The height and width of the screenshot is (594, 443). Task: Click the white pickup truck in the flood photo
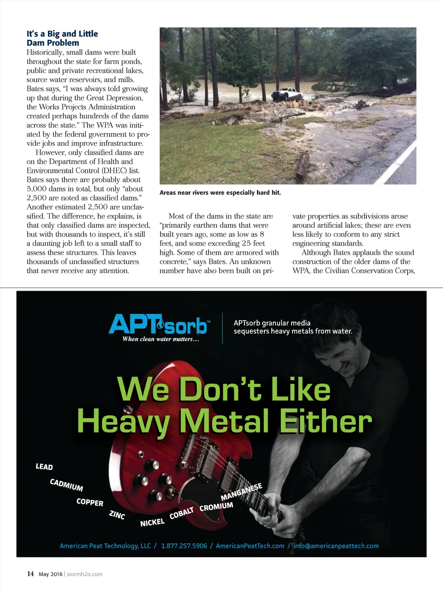pyautogui.click(x=287, y=94)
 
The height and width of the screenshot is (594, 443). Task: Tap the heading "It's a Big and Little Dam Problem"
pyautogui.click(x=62, y=38)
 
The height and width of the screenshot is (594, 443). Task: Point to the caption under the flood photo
pyautogui.click(x=220, y=193)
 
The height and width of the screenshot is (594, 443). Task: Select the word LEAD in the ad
pyautogui.click(x=44, y=467)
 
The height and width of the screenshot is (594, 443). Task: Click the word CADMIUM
pyautogui.click(x=66, y=485)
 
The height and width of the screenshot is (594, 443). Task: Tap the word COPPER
pyautogui.click(x=90, y=502)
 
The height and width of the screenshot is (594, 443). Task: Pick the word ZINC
pyautogui.click(x=117, y=515)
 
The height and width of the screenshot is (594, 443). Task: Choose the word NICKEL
pyautogui.click(x=152, y=523)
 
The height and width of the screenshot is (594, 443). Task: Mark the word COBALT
pyautogui.click(x=181, y=513)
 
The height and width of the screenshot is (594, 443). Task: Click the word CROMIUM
pyautogui.click(x=216, y=506)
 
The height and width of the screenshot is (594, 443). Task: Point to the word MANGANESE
pyautogui.click(x=241, y=492)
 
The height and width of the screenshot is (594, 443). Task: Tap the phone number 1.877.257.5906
pyautogui.click(x=184, y=546)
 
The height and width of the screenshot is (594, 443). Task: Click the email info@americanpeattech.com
pyautogui.click(x=336, y=546)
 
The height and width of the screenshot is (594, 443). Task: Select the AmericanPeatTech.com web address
pyautogui.click(x=250, y=546)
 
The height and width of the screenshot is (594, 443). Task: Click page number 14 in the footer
pyautogui.click(x=30, y=574)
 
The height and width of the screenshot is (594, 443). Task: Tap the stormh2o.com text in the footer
pyautogui.click(x=84, y=574)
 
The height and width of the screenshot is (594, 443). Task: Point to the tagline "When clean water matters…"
pyautogui.click(x=161, y=339)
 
